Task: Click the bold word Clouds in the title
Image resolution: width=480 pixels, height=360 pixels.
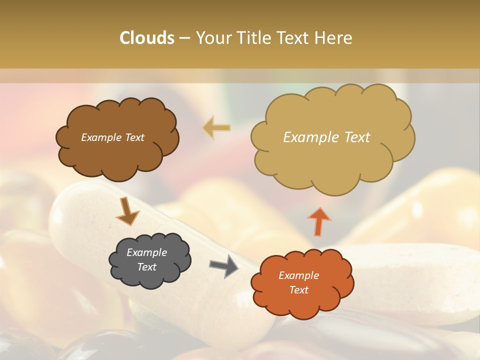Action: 147,38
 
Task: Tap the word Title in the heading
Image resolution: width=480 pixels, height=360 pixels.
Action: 255,38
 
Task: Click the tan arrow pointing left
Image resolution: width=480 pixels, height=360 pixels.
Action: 216,127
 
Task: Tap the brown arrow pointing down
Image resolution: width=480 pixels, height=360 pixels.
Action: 127,211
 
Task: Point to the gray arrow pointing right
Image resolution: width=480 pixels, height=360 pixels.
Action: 223,266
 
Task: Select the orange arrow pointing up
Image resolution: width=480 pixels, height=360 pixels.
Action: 318,221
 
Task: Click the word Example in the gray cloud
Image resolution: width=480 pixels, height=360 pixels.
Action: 147,252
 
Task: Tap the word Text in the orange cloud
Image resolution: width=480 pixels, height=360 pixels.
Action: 299,290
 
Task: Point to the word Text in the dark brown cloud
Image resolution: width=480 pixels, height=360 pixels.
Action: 134,137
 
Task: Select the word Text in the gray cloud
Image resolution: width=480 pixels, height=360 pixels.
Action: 147,267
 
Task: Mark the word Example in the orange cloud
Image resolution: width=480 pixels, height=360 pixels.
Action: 299,275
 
